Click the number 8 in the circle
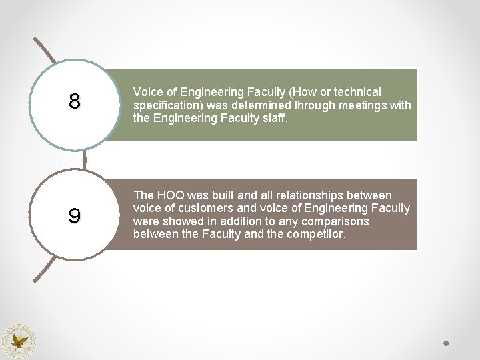pos(75,101)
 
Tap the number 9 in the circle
pos(75,216)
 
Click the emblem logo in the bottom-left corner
pos(19,341)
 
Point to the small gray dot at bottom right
pos(447,343)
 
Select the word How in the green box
pos(310,92)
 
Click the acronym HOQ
pos(170,195)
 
